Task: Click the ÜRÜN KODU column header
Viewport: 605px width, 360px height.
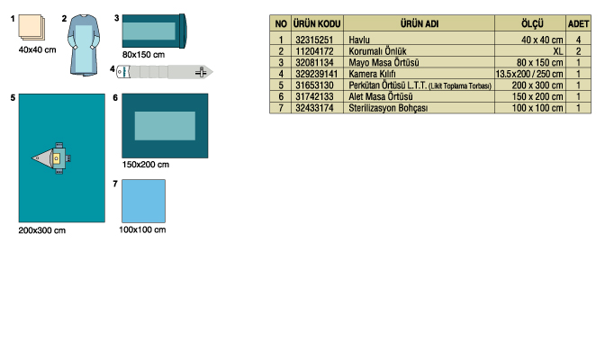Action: tap(317, 24)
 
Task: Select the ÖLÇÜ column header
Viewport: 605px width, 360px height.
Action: tap(532, 24)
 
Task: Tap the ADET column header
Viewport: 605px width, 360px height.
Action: tap(578, 24)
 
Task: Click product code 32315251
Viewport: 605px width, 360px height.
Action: tap(314, 40)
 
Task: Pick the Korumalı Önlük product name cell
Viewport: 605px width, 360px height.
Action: tap(377, 51)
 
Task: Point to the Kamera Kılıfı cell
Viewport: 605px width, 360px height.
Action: tap(372, 74)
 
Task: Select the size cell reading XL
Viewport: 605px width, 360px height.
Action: tap(557, 51)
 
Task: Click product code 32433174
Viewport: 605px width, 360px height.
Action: tap(314, 108)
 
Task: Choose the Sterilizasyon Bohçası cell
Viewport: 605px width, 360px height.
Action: tap(388, 108)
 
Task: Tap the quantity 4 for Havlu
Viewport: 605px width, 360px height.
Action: tap(578, 40)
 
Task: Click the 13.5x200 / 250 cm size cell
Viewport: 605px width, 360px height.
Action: tap(529, 74)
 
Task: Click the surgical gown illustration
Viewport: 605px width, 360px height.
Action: tap(84, 45)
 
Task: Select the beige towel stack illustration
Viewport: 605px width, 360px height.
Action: tap(32, 27)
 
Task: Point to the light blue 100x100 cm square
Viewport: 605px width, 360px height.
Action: tap(143, 201)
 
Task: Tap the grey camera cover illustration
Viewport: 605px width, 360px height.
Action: tap(165, 72)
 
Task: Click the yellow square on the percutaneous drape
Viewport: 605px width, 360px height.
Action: tap(57, 158)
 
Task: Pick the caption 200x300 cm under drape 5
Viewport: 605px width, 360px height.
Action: tap(42, 230)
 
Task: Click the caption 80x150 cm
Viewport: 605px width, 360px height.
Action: tap(143, 54)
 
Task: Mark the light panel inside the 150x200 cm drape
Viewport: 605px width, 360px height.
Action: tap(165, 126)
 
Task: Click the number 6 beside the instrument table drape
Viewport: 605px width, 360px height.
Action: tap(115, 97)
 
